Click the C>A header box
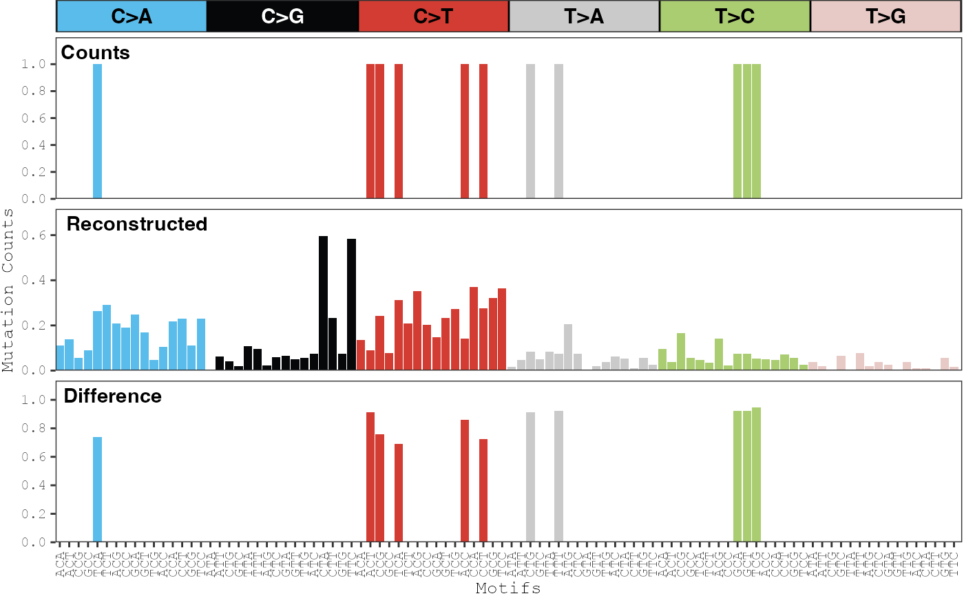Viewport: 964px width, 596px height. [x=132, y=17]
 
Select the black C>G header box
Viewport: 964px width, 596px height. [x=282, y=17]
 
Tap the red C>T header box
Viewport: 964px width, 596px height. [x=433, y=17]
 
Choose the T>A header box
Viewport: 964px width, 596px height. [x=584, y=17]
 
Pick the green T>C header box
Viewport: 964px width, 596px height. [x=735, y=17]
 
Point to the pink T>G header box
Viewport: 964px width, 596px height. [x=886, y=17]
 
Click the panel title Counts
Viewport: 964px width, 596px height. [x=96, y=53]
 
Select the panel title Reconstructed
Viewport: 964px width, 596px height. [x=136, y=224]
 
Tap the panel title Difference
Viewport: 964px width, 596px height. [x=112, y=396]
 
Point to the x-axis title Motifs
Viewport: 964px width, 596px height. [x=507, y=588]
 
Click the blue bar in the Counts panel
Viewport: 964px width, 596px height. [x=97, y=131]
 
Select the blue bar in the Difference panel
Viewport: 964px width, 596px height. [x=97, y=489]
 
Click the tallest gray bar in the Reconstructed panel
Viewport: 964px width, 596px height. [x=568, y=347]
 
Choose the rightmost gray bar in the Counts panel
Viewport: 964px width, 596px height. [x=558, y=131]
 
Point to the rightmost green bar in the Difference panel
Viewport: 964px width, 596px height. [x=757, y=475]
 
